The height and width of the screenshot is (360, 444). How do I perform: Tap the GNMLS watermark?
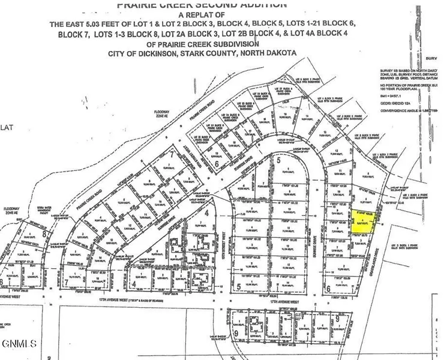pos(20,344)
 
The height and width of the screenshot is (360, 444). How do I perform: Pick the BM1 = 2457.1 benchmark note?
pos(393,95)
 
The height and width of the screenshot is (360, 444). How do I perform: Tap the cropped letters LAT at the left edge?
pos(8,127)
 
